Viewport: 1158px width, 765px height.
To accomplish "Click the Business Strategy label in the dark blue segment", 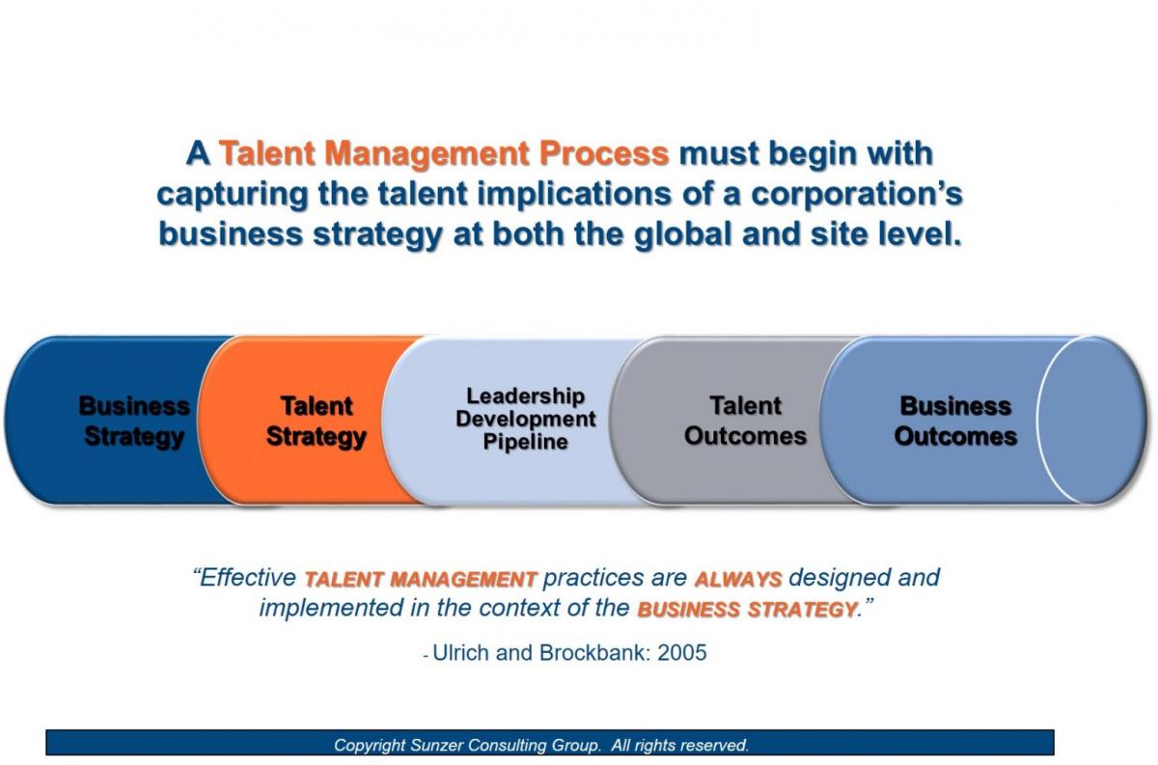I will pos(133,422).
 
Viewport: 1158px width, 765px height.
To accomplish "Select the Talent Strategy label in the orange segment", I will pos(316,422).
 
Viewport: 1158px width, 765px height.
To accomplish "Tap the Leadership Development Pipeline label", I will pos(525,419).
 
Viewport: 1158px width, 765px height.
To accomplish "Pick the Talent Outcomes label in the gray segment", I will pos(745,421).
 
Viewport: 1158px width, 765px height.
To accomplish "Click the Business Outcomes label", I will pos(955,421).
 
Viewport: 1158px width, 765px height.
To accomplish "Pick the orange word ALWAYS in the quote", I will pos(738,580).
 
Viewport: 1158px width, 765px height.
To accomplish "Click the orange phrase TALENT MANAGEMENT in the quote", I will pos(420,580).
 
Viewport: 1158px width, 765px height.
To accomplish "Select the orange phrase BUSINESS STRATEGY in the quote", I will pos(746,610).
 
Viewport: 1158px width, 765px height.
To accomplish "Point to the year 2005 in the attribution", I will pos(682,653).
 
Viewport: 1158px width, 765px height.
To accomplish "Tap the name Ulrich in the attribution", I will pos(462,653).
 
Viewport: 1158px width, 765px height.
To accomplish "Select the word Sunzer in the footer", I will pos(445,745).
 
